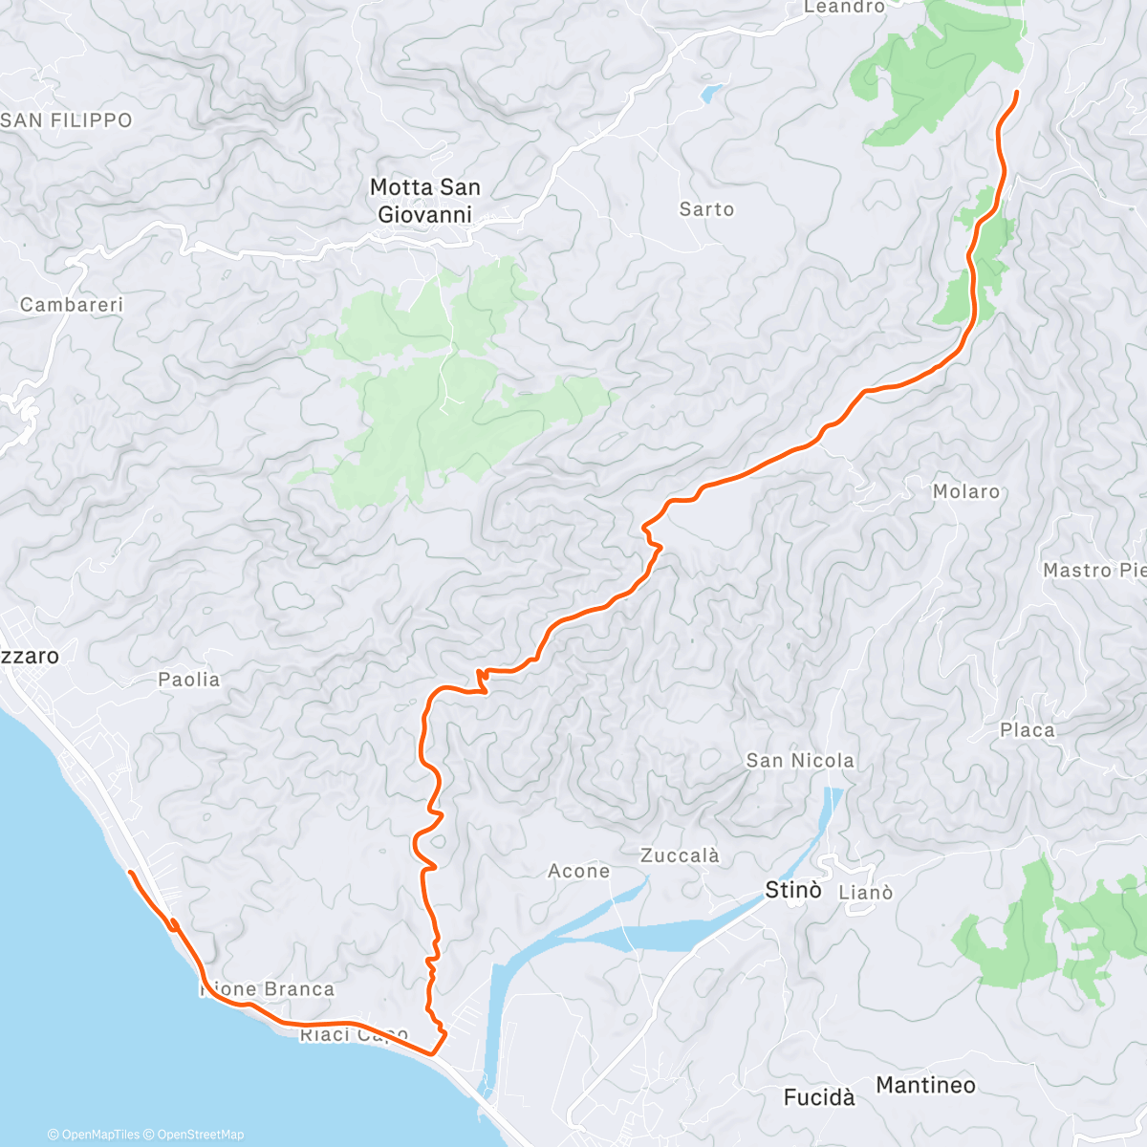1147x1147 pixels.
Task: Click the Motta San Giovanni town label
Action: tap(425, 201)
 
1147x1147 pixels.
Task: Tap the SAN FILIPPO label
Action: tap(67, 120)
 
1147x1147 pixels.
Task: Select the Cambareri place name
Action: tap(72, 305)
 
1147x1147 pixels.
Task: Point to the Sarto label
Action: tap(706, 209)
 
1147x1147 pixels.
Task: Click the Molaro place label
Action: tap(965, 491)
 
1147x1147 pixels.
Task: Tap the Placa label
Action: tap(1028, 730)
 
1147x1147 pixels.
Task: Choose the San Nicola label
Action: tap(800, 761)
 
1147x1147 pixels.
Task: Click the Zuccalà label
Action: tap(680, 855)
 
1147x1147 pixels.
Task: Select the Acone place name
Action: tap(578, 871)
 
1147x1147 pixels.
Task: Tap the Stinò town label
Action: tap(793, 891)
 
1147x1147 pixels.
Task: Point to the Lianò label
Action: tap(865, 893)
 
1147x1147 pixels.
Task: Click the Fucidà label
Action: tap(819, 1097)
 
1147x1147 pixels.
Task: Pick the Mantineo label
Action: tap(925, 1085)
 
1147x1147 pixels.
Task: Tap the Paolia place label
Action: tap(189, 680)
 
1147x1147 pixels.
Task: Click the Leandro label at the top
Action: tap(844, 7)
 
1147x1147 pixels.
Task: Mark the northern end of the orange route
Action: tap(1016, 92)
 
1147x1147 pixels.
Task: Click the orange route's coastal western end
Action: tap(129, 873)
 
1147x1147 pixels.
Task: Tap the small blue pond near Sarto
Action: tap(710, 94)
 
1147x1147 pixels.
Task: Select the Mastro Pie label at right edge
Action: tap(1093, 571)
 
